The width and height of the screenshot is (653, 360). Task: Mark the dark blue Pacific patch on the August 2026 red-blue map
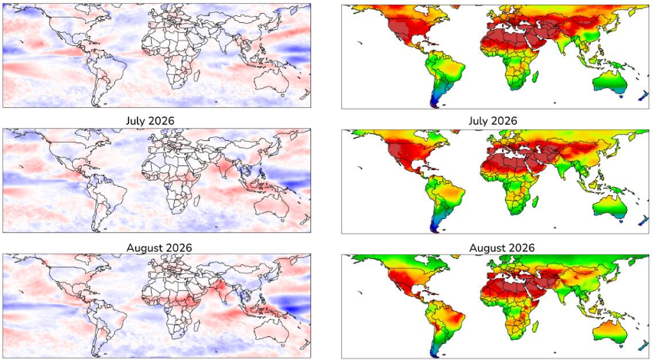pos(294,308)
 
